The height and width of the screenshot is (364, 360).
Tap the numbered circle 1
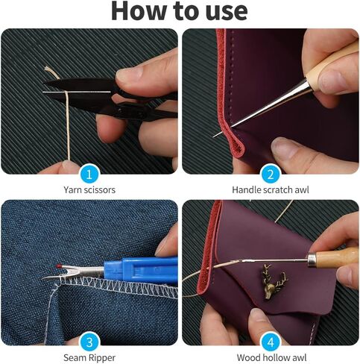point(89,174)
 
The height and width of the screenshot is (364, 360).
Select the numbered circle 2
point(270,174)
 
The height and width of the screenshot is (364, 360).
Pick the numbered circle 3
point(89,343)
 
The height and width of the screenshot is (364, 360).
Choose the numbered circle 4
point(270,343)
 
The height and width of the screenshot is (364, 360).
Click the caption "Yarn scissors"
point(89,190)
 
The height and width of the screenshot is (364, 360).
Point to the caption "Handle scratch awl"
point(270,190)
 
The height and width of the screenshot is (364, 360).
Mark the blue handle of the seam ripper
point(142,267)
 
